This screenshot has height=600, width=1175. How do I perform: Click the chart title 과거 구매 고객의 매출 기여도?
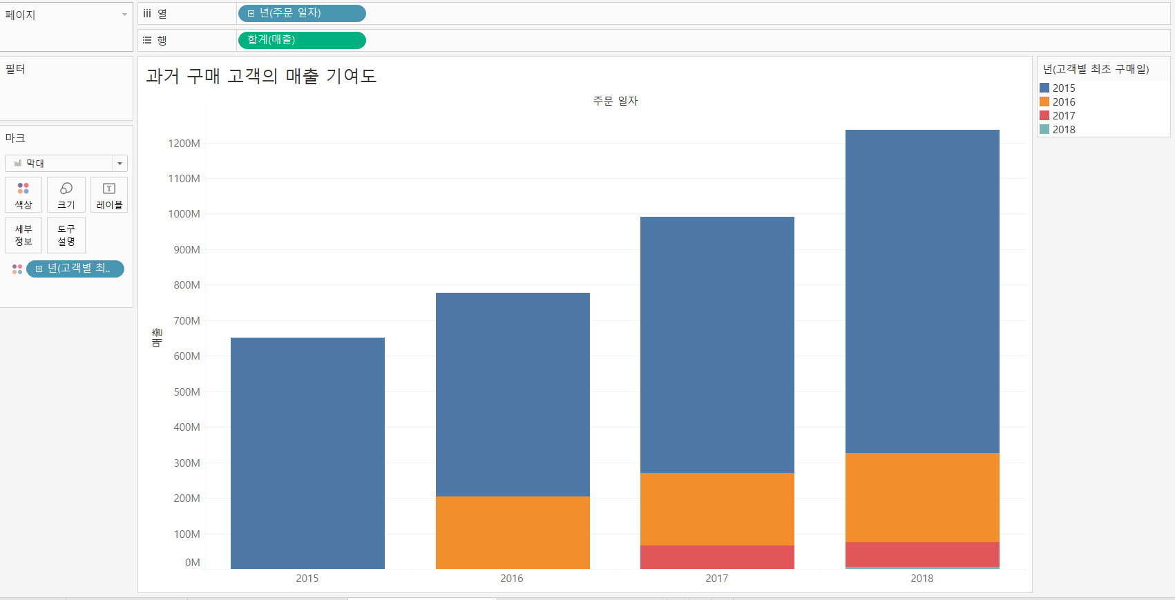(261, 76)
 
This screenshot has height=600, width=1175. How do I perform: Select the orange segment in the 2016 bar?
(513, 532)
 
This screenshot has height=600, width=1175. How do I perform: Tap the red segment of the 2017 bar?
(717, 557)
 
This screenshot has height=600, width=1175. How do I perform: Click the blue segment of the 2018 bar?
(922, 291)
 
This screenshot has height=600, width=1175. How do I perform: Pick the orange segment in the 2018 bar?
(922, 497)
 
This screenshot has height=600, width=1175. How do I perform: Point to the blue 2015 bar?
(307, 453)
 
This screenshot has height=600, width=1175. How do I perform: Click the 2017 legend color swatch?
(1044, 115)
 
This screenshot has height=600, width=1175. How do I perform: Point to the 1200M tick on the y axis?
(184, 144)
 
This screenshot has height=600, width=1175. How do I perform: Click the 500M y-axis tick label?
(187, 392)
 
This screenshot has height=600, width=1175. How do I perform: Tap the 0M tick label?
(192, 563)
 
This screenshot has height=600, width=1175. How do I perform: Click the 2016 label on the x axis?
(512, 579)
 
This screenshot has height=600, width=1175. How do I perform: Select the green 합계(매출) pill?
(302, 40)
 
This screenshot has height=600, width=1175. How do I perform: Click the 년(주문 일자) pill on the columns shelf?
(302, 13)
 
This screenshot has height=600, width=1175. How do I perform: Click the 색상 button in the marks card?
(23, 195)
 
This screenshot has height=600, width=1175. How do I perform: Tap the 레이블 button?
(109, 195)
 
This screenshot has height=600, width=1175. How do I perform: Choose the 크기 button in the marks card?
(66, 195)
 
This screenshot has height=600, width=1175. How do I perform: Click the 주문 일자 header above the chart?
(615, 101)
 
